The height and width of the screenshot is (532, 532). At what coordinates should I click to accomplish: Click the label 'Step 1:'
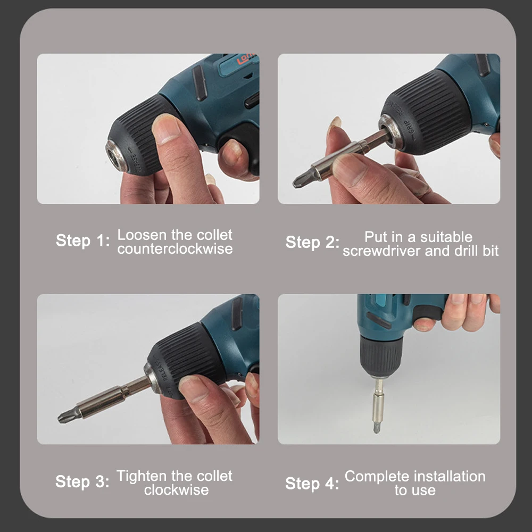click(82, 240)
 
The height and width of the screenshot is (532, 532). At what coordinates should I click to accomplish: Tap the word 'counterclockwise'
click(175, 249)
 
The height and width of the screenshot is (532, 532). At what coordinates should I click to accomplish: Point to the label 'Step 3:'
click(82, 482)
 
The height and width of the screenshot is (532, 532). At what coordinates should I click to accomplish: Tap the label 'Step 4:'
click(312, 484)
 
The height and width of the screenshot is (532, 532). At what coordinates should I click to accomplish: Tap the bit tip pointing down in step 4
click(377, 427)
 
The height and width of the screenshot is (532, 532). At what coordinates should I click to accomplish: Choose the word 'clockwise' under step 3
click(176, 489)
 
